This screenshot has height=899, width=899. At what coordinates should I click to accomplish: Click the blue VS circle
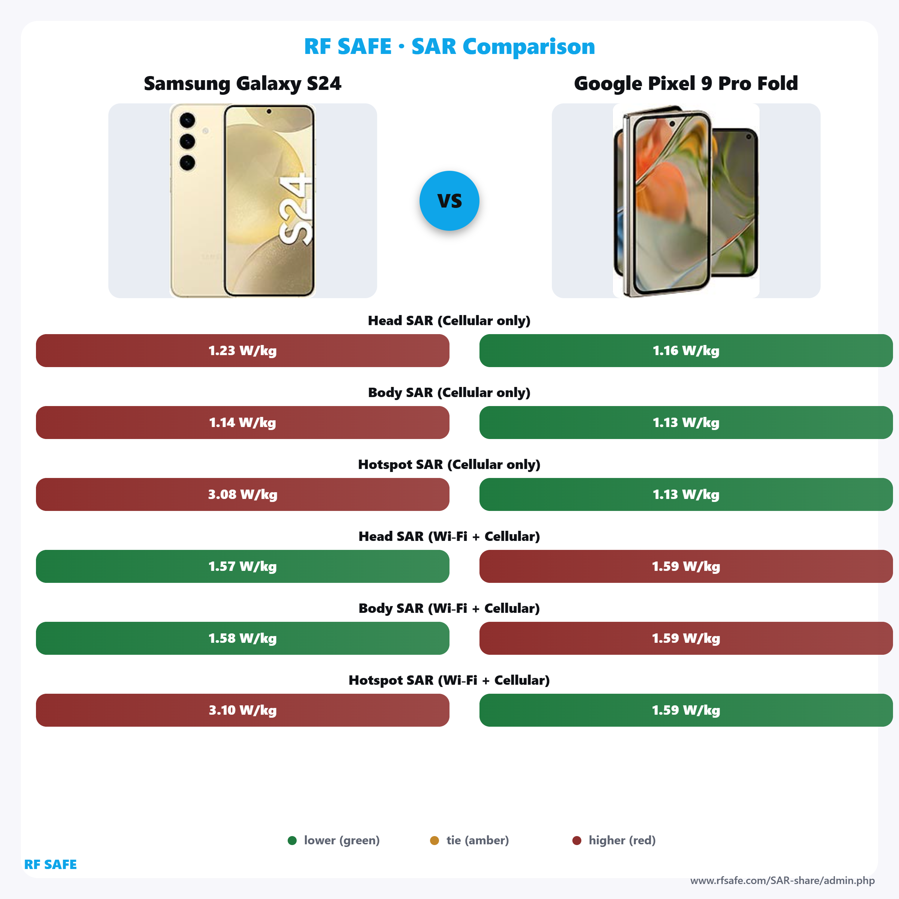click(449, 200)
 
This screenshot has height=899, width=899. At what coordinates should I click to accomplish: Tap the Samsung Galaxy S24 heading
click(242, 84)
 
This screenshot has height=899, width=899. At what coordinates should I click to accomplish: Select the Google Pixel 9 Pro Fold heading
click(686, 84)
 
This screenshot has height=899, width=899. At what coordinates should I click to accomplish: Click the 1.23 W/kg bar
click(242, 350)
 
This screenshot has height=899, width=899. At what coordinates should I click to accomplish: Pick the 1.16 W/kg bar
click(686, 350)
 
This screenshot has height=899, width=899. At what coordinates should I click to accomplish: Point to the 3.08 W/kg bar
click(242, 494)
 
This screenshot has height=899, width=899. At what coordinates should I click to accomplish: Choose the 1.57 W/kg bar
click(242, 566)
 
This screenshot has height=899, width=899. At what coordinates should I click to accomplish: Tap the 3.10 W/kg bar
click(242, 710)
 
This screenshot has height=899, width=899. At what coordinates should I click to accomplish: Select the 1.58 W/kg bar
click(242, 638)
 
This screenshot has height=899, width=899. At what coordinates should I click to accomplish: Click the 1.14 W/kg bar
click(242, 423)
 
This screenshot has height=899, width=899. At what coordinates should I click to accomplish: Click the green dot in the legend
click(292, 840)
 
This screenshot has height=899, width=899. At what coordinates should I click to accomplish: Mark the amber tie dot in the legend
click(434, 840)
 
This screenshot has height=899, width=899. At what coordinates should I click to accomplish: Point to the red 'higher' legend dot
click(576, 840)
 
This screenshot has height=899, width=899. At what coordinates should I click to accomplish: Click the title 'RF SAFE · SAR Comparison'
click(449, 46)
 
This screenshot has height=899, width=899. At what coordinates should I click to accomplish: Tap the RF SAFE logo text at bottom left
click(50, 865)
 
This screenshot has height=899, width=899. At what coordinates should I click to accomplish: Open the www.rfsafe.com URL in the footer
click(782, 880)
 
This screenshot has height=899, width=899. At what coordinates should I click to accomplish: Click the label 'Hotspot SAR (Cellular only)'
click(449, 464)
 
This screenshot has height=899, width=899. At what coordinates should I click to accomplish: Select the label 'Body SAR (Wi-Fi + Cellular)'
click(449, 608)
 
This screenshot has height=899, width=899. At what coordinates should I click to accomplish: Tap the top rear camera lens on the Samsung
click(187, 120)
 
